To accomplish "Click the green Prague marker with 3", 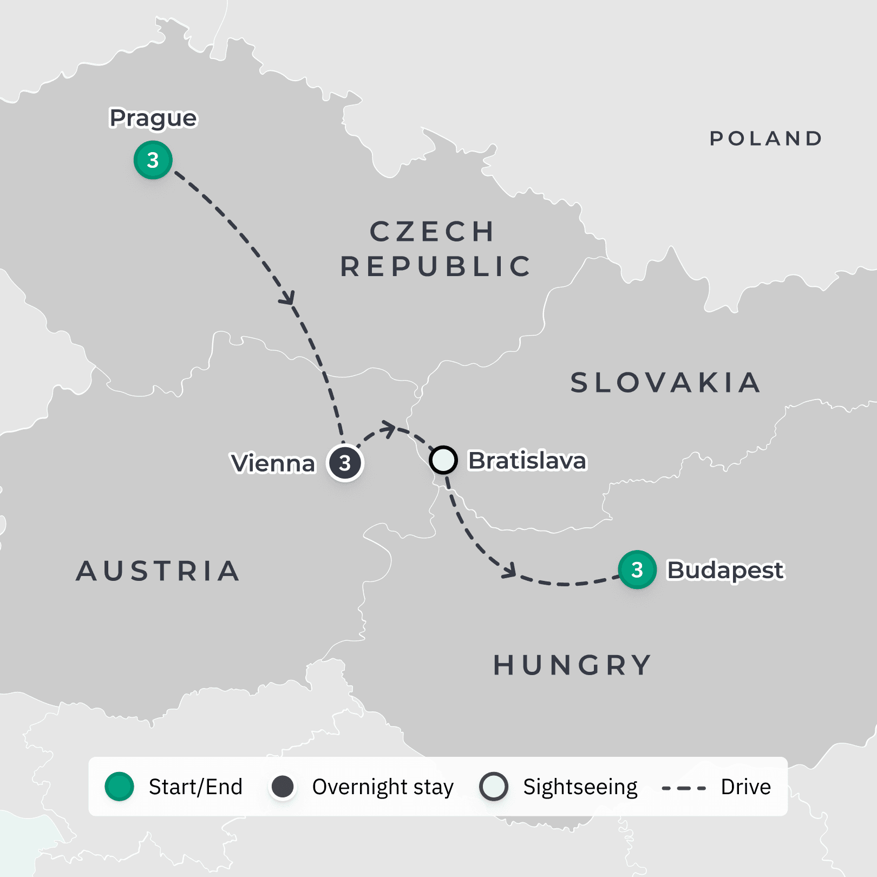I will pyautogui.click(x=153, y=160).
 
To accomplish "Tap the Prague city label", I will pyautogui.click(x=153, y=118).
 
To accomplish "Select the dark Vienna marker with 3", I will pyautogui.click(x=345, y=463).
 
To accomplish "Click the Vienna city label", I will pyautogui.click(x=273, y=463).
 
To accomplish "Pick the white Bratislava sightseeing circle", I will pyautogui.click(x=443, y=460).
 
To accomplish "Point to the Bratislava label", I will pyautogui.click(x=527, y=461).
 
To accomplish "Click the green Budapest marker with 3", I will pyautogui.click(x=637, y=570).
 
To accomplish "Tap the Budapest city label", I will pyautogui.click(x=725, y=570).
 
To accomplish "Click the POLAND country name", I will pyautogui.click(x=766, y=139).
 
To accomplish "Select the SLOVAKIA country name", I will pyautogui.click(x=666, y=383).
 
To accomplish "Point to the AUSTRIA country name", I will pyautogui.click(x=158, y=571).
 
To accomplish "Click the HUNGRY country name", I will pyautogui.click(x=573, y=665).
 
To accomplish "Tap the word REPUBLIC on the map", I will pyautogui.click(x=436, y=266).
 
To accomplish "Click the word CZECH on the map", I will pyautogui.click(x=432, y=232).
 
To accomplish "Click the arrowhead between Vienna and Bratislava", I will pyautogui.click(x=389, y=428).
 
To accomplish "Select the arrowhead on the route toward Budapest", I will pyautogui.click(x=509, y=571).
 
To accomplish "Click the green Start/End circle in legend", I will pyautogui.click(x=119, y=787).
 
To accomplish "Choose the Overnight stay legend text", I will pyautogui.click(x=383, y=787).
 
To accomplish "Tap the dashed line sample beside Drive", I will pyautogui.click(x=684, y=788).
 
